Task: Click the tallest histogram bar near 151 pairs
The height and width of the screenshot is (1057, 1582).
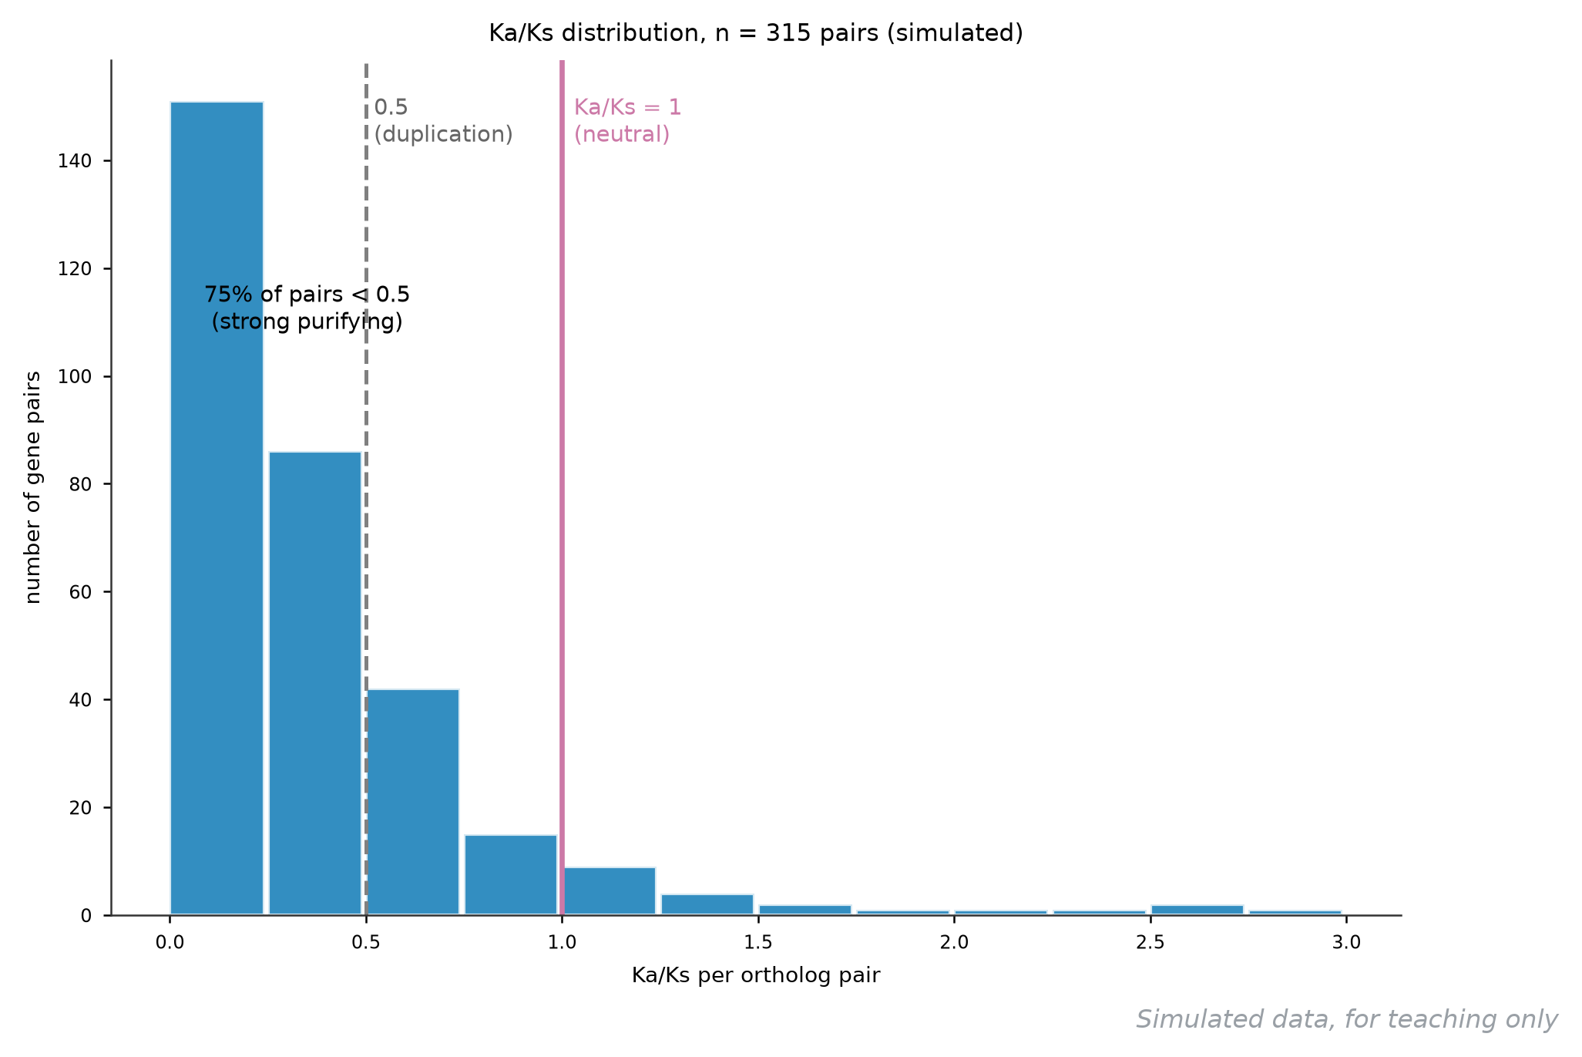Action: point(217,508)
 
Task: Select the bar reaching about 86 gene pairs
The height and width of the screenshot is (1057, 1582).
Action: point(315,683)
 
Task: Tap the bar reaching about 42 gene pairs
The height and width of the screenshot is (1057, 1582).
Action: point(413,802)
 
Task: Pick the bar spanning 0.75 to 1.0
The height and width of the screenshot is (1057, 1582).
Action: point(511,875)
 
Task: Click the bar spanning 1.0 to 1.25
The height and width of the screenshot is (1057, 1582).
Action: point(609,891)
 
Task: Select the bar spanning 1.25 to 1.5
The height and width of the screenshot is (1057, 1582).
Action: point(707,904)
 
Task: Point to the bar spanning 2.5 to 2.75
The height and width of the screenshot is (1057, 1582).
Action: point(1197,910)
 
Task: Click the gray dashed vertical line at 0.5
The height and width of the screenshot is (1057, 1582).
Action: point(366,488)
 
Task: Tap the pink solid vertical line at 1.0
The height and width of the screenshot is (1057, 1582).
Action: point(562,488)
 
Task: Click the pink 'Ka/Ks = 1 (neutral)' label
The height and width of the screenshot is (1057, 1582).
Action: point(628,121)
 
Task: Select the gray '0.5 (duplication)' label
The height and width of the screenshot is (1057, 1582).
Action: point(444,121)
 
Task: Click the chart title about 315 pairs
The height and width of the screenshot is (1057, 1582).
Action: point(756,33)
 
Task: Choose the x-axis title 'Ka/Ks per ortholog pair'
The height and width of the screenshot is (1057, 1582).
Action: point(756,975)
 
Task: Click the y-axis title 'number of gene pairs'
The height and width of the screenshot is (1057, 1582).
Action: point(33,487)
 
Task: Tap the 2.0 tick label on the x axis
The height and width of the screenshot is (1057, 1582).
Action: point(954,942)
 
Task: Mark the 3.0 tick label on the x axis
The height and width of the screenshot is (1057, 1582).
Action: point(1346,942)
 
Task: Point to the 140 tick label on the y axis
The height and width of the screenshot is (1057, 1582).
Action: point(75,161)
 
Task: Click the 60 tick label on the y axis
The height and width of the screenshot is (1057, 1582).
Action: point(80,592)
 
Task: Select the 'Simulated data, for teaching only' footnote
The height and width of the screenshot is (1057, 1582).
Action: point(1347,1019)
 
